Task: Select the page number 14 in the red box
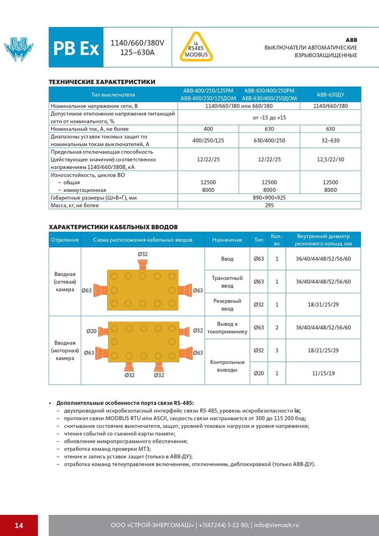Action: tap(19, 525)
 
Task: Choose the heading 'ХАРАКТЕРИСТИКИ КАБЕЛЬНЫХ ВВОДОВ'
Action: tap(113, 227)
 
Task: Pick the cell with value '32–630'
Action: tap(330, 141)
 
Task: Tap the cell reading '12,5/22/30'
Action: tap(330, 159)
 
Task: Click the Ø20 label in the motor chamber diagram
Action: tap(92, 331)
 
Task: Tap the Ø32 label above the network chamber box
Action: tap(143, 254)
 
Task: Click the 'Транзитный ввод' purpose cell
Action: tap(228, 281)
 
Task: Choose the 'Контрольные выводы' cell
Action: tap(228, 366)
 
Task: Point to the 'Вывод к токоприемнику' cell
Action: tap(228, 327)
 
